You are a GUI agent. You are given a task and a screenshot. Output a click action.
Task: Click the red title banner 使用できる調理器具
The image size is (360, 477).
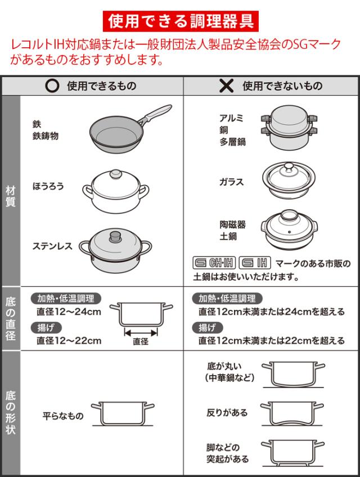click(x=181, y=21)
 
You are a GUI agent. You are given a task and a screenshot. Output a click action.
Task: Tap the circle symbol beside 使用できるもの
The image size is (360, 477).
click(x=52, y=86)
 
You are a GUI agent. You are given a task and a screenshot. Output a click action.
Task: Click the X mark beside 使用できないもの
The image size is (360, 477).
click(x=227, y=86)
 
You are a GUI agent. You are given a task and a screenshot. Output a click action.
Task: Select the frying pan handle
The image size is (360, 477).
click(x=155, y=114)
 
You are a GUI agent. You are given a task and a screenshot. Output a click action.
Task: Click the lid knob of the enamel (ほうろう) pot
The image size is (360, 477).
click(x=116, y=174)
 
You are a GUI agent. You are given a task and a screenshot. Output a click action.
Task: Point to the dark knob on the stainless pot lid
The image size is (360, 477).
click(x=115, y=236)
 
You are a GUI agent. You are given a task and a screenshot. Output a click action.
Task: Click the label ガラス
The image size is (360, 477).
click(x=232, y=182)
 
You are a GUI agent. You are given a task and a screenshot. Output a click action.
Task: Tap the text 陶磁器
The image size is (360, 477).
click(x=232, y=224)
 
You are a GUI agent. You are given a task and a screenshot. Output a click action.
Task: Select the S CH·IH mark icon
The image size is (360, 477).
click(x=214, y=263)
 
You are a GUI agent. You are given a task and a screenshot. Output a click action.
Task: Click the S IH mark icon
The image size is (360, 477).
click(x=255, y=263)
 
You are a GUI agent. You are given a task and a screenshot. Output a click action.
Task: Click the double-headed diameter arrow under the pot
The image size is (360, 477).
click(x=141, y=332)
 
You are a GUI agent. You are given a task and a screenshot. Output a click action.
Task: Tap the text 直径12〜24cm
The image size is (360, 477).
click(x=69, y=312)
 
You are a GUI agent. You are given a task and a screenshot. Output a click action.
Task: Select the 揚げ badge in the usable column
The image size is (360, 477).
click(x=46, y=327)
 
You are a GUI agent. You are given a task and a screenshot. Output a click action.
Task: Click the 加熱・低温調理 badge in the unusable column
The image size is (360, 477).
click(x=227, y=299)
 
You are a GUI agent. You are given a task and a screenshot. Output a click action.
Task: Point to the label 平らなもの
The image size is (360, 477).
click(x=63, y=416)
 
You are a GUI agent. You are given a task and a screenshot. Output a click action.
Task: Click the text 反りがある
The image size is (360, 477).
click(x=227, y=413)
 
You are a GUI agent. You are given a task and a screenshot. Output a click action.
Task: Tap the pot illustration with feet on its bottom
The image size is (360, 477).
click(x=292, y=453)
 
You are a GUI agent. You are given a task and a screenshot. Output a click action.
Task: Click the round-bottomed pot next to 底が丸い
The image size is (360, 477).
click(x=294, y=375)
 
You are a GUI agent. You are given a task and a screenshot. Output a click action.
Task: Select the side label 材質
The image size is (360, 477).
click(x=11, y=196)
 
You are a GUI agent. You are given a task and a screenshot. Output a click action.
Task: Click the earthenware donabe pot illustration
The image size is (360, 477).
click(x=289, y=229)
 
